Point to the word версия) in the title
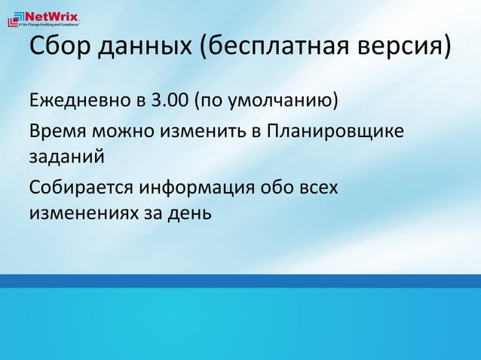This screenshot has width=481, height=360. pyautogui.click(x=403, y=50)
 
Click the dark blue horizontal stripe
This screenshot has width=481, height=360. pyautogui.click(x=240, y=281)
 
